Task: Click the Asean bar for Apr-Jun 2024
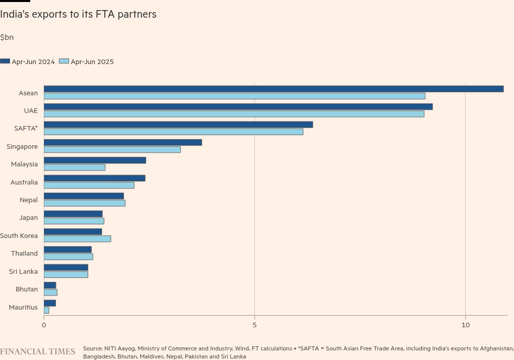pyautogui.click(x=274, y=89)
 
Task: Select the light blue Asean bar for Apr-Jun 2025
pyautogui.click(x=234, y=96)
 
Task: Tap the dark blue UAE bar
pyautogui.click(x=238, y=106)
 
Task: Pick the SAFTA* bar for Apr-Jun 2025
pyautogui.click(x=173, y=132)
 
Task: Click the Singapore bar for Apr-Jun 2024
pyautogui.click(x=122, y=142)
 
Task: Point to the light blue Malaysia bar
pyautogui.click(x=75, y=167)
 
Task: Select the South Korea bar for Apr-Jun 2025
pyautogui.click(x=77, y=238)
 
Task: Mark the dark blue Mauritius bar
pyautogui.click(x=50, y=303)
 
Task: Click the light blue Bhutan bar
pyautogui.click(x=50, y=292)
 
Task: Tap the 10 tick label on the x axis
pyautogui.click(x=465, y=325)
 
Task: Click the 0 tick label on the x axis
pyautogui.click(x=44, y=325)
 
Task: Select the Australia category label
pyautogui.click(x=24, y=182)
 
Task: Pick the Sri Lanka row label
pyautogui.click(x=23, y=271)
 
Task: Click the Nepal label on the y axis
pyautogui.click(x=29, y=200)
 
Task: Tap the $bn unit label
pyautogui.click(x=7, y=37)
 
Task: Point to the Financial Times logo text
pyautogui.click(x=37, y=351)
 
